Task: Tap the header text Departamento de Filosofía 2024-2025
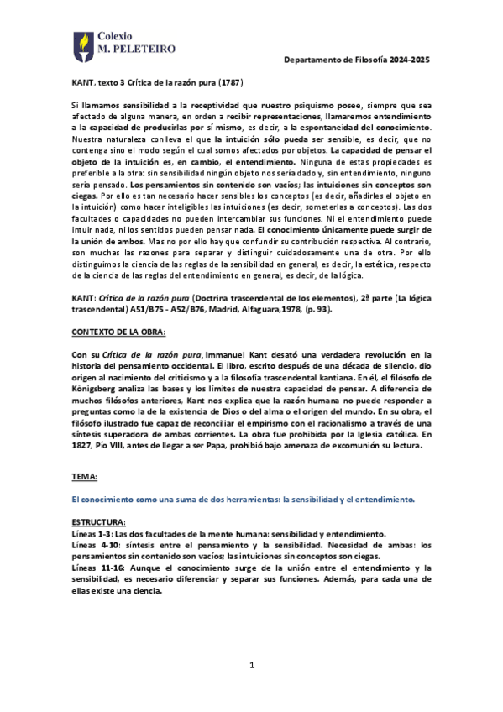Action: tap(356, 60)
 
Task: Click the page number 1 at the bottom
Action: tap(250, 666)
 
